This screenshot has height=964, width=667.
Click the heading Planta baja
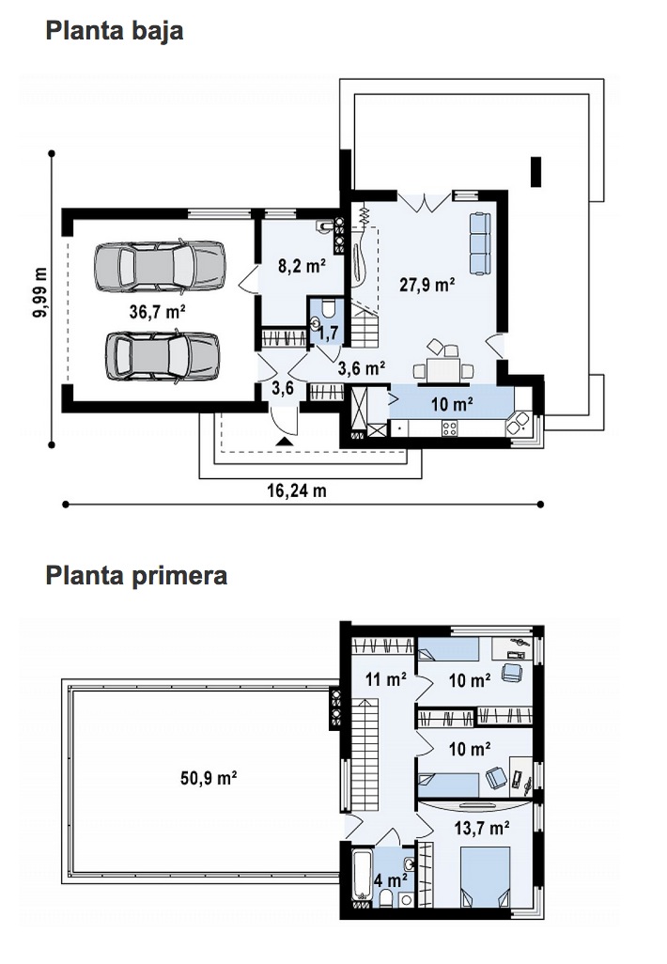coord(115,31)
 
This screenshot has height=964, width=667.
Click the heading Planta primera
coord(136,576)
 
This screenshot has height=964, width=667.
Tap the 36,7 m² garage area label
coord(158,312)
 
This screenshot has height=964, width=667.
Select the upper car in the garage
coord(160,266)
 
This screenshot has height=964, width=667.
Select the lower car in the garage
coord(163,357)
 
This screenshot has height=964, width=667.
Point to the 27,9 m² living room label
coord(427,285)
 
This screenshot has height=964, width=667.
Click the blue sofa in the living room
coord(480,243)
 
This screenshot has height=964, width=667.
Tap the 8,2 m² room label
coord(302,266)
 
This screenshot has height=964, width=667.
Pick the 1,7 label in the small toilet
coord(329,333)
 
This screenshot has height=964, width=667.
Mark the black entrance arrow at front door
coord(283,441)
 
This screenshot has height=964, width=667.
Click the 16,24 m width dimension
coord(297,490)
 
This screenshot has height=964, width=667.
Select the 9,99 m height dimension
coord(40,292)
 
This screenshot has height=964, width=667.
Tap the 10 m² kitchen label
coord(452,404)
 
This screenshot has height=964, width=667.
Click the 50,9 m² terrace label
coord(209,778)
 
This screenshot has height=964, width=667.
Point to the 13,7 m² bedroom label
coord(482,828)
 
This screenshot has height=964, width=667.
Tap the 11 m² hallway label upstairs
coord(386,679)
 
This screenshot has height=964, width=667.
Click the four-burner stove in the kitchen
coord(449,428)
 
